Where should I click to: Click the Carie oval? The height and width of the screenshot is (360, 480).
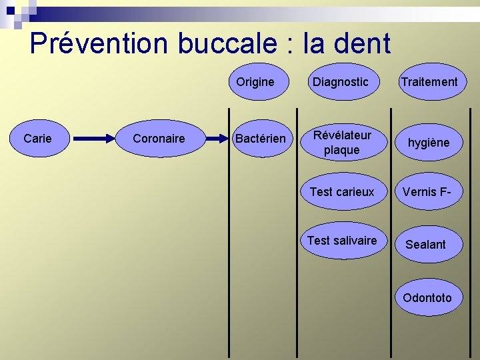coord(37,139)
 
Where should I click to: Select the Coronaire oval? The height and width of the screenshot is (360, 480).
coord(159,139)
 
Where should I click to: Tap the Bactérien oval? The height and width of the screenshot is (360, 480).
coord(260,139)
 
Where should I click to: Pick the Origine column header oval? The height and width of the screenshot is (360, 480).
coord(255,81)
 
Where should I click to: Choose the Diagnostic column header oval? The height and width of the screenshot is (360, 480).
coord(341,81)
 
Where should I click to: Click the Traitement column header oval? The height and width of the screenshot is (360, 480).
coord(429,81)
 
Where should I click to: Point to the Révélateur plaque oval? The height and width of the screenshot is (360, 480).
coord(341,142)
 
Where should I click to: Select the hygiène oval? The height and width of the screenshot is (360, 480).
coord(429,142)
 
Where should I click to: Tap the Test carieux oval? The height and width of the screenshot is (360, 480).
coord(342,192)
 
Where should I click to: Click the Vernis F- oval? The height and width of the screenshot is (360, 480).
coord(427,192)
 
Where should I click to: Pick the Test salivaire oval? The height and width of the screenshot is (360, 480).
coord(342,241)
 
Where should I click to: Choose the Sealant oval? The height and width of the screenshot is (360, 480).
coord(426,244)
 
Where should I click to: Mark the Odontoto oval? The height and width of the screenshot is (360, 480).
coord(427,298)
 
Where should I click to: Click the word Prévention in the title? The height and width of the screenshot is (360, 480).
coord(99,43)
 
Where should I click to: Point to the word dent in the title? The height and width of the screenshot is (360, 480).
coord(362,43)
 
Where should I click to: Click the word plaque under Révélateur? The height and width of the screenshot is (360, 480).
coord(341,150)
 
